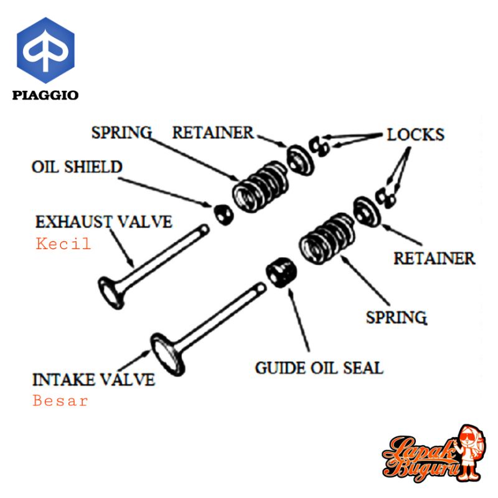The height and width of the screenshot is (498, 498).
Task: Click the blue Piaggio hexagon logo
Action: (45, 52)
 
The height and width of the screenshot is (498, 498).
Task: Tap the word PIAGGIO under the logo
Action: (45, 95)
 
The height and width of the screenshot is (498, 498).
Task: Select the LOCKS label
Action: (415, 134)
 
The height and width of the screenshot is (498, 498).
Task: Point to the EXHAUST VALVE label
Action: (104, 222)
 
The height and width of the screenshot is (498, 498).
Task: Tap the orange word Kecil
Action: (63, 243)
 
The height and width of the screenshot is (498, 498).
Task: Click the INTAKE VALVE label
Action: (93, 379)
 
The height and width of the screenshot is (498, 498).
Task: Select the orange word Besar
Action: (60, 401)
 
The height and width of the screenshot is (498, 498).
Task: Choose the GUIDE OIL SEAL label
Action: (319, 367)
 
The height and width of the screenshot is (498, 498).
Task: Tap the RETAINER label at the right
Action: (434, 257)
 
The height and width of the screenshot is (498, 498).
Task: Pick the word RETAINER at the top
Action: (213, 133)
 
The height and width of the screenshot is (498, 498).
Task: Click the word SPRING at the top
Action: (121, 133)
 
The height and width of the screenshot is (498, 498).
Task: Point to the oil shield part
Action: (223, 214)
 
